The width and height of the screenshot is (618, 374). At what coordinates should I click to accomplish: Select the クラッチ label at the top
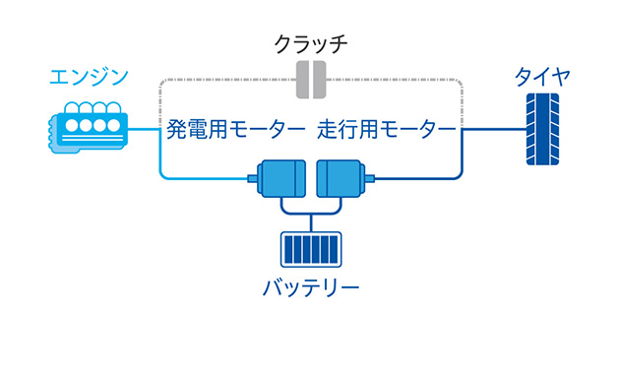pos(309,43)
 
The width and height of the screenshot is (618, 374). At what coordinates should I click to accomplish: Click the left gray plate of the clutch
pos(301,80)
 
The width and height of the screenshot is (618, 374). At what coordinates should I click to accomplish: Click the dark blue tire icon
pos(542,128)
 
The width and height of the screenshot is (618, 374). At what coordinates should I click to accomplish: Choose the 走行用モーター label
pos(387,129)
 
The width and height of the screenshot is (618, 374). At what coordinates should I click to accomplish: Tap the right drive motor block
pos(338,178)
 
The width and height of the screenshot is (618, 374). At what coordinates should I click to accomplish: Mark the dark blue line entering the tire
pos(492,129)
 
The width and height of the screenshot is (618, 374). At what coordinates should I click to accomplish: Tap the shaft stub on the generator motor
pos(252,179)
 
